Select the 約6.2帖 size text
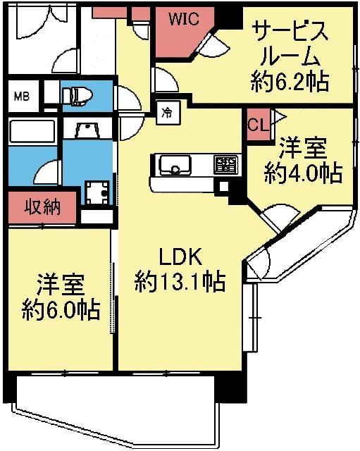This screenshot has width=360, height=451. coord(289,82)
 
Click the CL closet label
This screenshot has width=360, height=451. coord(256,124)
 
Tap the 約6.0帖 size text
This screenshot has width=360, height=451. coord(60,309)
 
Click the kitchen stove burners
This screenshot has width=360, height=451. coord(225,165)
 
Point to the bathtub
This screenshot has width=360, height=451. coord(32,132)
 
